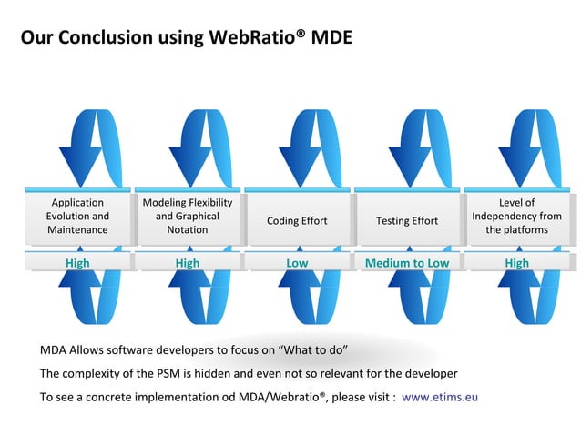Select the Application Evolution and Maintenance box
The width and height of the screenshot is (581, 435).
click(77, 217)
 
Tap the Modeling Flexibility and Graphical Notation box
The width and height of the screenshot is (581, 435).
click(188, 217)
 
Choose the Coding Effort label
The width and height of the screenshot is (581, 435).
click(297, 220)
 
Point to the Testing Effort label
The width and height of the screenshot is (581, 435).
click(407, 220)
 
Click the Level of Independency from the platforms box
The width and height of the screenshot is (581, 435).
click(516, 217)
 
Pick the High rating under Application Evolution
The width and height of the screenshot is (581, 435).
click(77, 263)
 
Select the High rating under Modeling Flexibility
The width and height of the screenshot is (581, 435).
click(188, 263)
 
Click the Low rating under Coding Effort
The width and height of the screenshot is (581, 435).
click(297, 263)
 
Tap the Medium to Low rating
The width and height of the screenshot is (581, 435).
click(407, 263)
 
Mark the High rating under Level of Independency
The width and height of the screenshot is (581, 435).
click(516, 263)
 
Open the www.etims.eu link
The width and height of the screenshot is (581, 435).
click(440, 397)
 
